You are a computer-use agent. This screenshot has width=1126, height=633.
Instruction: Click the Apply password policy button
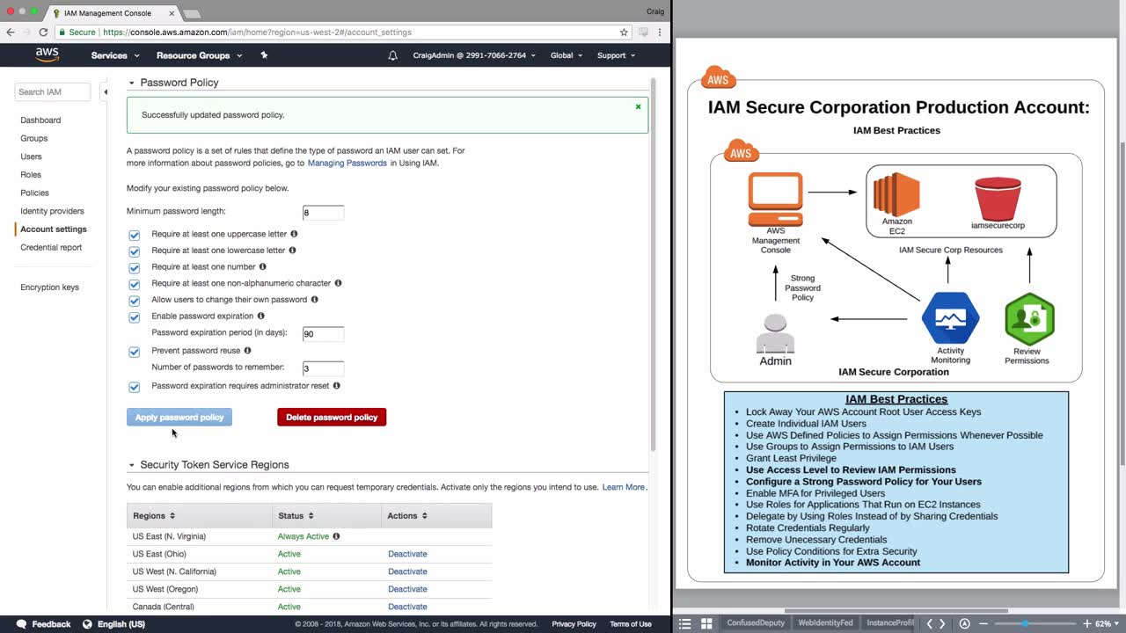(x=179, y=417)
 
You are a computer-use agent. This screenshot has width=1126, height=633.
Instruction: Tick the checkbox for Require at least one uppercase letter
(x=135, y=235)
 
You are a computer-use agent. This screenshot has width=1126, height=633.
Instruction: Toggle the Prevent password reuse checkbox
(x=135, y=352)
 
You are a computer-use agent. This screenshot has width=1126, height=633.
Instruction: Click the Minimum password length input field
(x=323, y=213)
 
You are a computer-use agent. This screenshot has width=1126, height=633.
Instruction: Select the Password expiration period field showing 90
(x=323, y=334)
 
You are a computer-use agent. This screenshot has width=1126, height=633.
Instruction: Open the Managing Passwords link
(x=347, y=163)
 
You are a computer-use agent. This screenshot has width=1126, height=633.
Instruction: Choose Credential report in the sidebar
(x=51, y=247)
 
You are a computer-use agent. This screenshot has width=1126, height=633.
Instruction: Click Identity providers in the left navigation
(x=52, y=211)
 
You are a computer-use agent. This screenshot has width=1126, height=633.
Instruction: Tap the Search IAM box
(x=52, y=92)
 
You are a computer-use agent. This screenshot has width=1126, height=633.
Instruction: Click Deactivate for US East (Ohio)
(x=407, y=554)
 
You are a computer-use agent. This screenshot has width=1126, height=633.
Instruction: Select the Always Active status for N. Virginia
(x=303, y=536)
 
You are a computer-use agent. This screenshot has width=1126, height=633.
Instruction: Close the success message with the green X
(x=638, y=106)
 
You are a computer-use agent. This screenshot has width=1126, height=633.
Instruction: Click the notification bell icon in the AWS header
(x=392, y=55)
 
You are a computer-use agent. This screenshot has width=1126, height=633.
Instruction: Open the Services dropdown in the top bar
(x=114, y=55)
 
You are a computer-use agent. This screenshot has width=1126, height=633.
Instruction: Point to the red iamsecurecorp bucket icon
(x=998, y=199)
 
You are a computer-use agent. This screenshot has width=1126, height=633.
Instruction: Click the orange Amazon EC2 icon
(x=896, y=194)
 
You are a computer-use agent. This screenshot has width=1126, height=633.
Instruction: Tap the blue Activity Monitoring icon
(x=950, y=318)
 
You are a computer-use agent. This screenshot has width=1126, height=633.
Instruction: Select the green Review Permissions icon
(x=1029, y=318)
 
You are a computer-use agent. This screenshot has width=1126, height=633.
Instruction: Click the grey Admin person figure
(x=775, y=333)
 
